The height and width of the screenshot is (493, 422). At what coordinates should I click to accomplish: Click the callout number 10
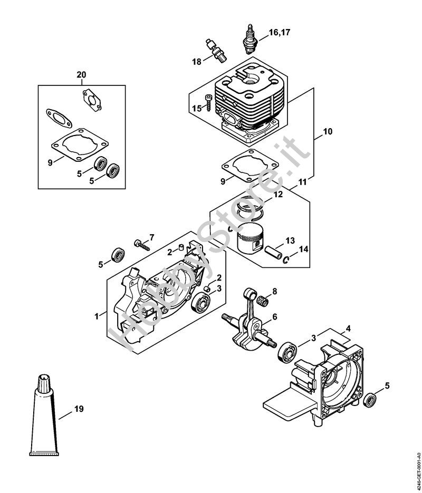click(327, 132)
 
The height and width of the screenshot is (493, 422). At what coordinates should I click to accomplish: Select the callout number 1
click(97, 316)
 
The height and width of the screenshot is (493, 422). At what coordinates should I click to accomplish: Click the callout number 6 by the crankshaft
click(274, 317)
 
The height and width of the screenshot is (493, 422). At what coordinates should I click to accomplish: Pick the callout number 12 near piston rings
click(278, 195)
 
